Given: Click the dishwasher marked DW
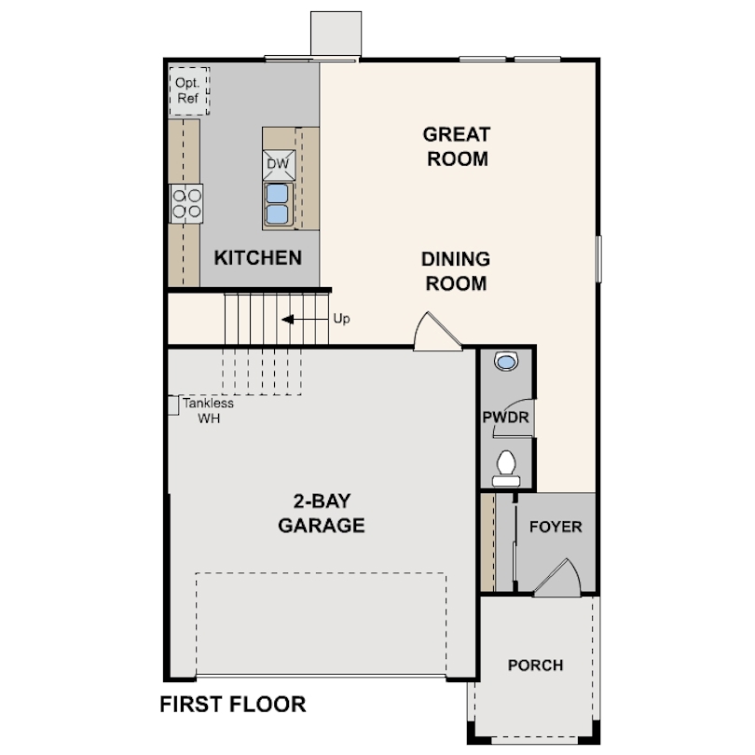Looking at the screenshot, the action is click(x=279, y=165).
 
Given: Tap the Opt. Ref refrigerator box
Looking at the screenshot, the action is click(x=188, y=91).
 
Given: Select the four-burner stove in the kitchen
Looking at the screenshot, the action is click(x=186, y=204).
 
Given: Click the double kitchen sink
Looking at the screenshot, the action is click(x=278, y=204).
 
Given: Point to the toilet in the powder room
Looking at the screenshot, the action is click(x=506, y=469).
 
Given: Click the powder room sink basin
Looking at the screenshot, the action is click(x=505, y=361).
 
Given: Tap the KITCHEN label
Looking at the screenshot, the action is click(x=258, y=258).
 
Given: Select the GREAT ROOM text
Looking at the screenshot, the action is click(x=457, y=146).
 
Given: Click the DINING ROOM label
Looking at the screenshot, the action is click(x=456, y=271).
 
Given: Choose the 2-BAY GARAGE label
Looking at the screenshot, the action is click(x=322, y=514).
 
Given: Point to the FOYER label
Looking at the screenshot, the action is click(x=556, y=527).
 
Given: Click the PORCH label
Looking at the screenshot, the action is click(x=535, y=666).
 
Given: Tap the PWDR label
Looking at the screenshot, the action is click(x=505, y=418).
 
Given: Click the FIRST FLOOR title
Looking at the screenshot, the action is click(x=233, y=705).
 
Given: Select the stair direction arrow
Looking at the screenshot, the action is click(x=305, y=319).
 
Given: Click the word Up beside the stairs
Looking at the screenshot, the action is click(x=341, y=319).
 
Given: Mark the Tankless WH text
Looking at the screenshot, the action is click(x=209, y=411).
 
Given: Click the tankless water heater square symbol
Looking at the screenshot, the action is click(x=173, y=405).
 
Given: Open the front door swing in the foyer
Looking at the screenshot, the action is click(x=558, y=578).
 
